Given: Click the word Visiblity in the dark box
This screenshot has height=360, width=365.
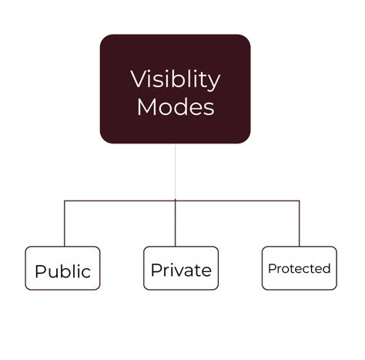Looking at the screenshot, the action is pyautogui.click(x=176, y=80).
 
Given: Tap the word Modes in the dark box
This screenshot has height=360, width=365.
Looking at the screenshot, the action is pyautogui.click(x=176, y=106).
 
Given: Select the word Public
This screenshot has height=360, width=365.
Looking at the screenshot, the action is pyautogui.click(x=63, y=271).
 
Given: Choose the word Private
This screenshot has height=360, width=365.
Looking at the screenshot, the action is pyautogui.click(x=181, y=270).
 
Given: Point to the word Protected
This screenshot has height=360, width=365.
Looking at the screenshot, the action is pyautogui.click(x=300, y=268).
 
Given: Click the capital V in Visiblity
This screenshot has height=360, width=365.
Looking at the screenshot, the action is pyautogui.click(x=139, y=79).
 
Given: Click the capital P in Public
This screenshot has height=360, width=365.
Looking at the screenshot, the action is pyautogui.click(x=40, y=271).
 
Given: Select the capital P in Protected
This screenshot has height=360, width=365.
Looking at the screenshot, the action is pyautogui.click(x=272, y=268).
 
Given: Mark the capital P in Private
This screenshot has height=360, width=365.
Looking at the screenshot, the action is pyautogui.click(x=156, y=270).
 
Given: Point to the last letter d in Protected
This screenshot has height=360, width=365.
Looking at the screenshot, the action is pyautogui.click(x=326, y=268).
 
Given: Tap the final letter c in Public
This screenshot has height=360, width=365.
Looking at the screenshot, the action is pyautogui.click(x=86, y=273).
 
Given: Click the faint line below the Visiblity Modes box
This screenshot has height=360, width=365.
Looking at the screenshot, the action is pyautogui.click(x=176, y=171).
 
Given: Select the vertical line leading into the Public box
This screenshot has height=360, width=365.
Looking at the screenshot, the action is pyautogui.click(x=65, y=224).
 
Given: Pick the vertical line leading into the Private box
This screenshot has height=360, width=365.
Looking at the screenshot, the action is pyautogui.click(x=176, y=223).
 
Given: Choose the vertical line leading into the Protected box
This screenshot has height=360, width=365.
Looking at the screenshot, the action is pyautogui.click(x=300, y=224).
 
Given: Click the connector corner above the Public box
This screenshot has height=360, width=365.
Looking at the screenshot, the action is pyautogui.click(x=65, y=200).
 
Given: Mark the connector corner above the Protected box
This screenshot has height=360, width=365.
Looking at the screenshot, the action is pyautogui.click(x=300, y=200).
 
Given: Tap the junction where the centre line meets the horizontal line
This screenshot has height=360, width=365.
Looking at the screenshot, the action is pyautogui.click(x=176, y=200).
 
